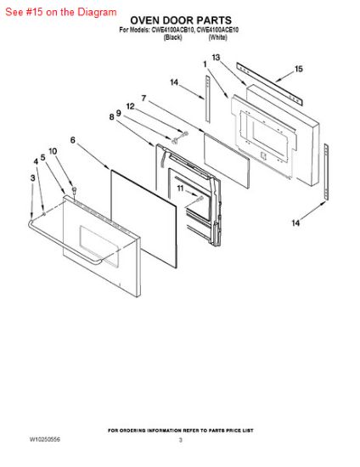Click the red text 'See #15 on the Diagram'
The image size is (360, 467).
coord(61,12)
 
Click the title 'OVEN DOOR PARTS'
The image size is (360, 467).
coord(181,20)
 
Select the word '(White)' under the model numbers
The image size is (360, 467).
coord(217,37)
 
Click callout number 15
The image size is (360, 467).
coord(298,69)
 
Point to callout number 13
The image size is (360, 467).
coord(216,57)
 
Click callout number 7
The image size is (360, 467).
coord(143,98)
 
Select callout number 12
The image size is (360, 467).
coord(130,106)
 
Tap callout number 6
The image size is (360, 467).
coord(73,140)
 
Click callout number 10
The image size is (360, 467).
coord(53,151)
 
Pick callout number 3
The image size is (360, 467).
coord(33,177)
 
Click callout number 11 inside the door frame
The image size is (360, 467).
coord(180,188)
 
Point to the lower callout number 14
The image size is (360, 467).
coord(295,222)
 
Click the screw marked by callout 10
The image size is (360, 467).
coord(74,190)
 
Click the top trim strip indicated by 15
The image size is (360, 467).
coord(269,84)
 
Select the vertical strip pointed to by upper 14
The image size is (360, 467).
coord(207,98)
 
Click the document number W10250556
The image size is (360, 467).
coord(45,439)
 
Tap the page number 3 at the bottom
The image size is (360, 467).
coord(181,440)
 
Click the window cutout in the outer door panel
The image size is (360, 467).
coord(99,245)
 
